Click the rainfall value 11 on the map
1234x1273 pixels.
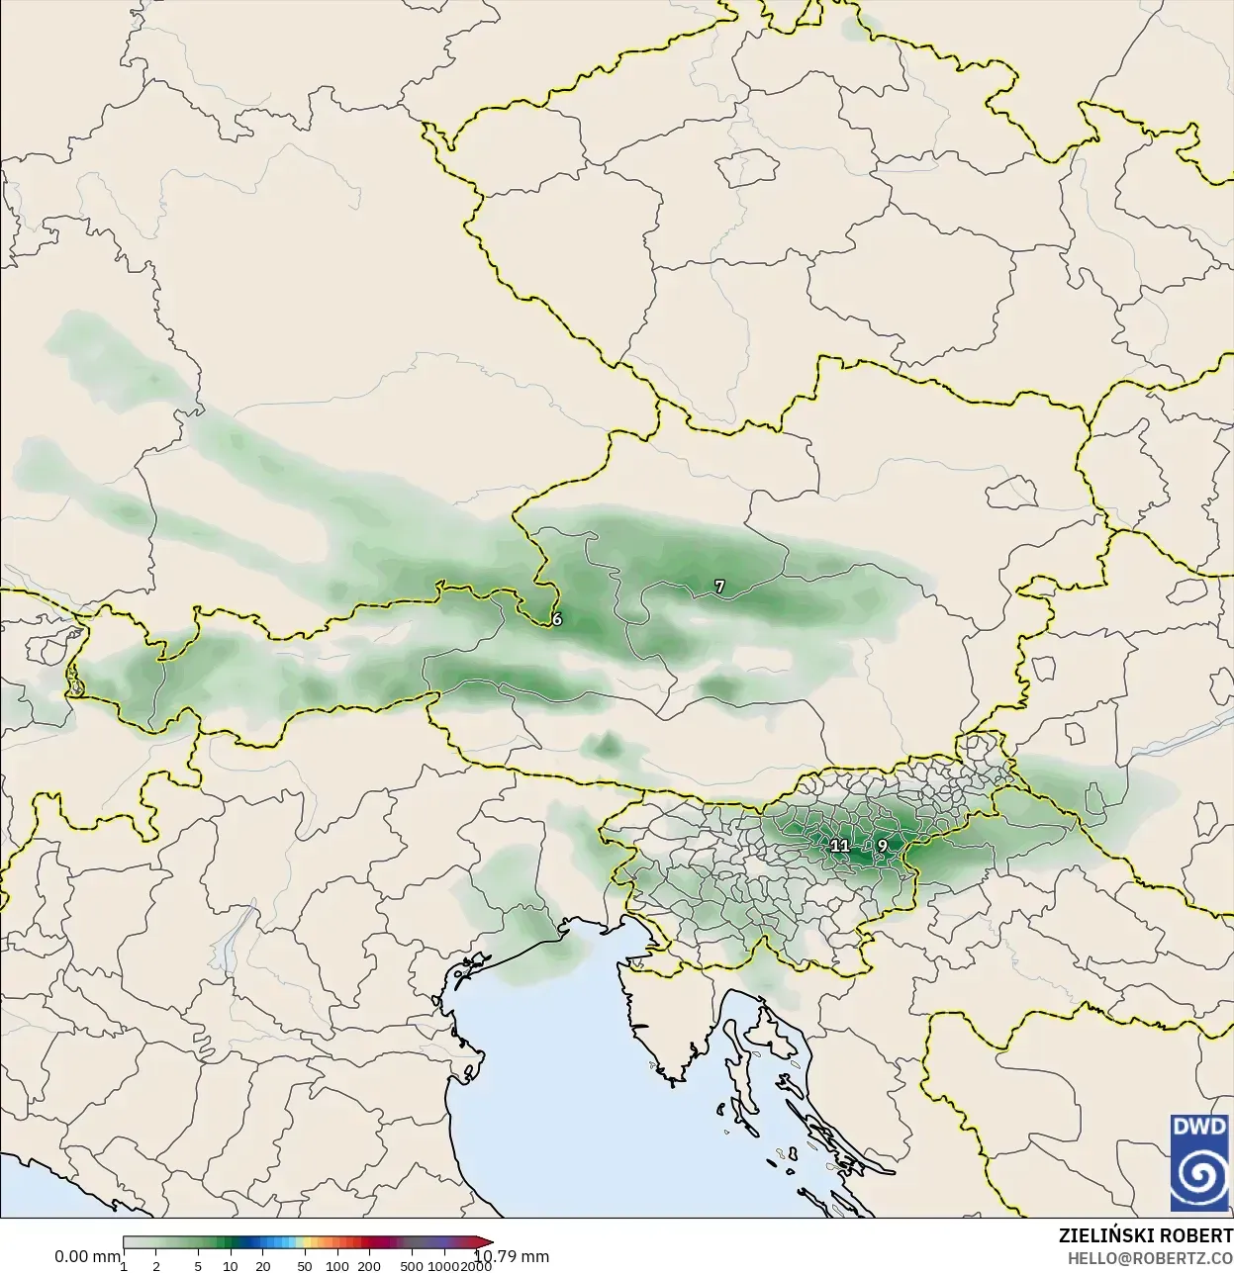point(839,846)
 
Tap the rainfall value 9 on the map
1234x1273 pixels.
point(882,846)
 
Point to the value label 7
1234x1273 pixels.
point(719,587)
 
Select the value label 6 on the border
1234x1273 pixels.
point(557,619)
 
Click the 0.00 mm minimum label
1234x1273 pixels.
point(87,1256)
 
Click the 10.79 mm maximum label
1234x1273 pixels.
point(513,1256)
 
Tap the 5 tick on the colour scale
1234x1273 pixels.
point(198,1265)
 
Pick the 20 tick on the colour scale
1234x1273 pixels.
point(262,1265)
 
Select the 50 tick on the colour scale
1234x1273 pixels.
point(305,1265)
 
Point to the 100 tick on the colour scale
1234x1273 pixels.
point(337,1265)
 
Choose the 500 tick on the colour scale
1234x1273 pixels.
point(412,1265)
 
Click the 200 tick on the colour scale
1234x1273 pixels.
point(369,1265)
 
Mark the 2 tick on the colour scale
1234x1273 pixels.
point(156,1265)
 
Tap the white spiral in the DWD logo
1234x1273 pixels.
point(1199,1177)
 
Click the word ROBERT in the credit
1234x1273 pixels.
point(1196,1236)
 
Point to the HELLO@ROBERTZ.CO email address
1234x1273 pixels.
point(1149,1258)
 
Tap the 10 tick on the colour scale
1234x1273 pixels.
point(230,1265)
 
